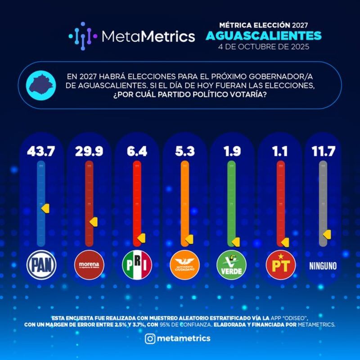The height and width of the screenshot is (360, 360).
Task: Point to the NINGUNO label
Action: click(x=323, y=265)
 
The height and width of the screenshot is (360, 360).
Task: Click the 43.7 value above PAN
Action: click(x=41, y=152)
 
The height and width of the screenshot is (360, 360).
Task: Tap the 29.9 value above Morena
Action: click(x=89, y=152)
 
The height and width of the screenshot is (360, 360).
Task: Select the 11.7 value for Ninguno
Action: click(x=323, y=152)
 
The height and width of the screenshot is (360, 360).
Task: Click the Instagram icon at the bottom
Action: click(x=150, y=338)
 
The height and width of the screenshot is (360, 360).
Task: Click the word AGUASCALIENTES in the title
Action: click(x=264, y=35)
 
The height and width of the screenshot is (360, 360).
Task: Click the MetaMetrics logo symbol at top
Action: click(x=83, y=35)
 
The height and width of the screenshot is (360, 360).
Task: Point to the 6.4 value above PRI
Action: click(x=137, y=152)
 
